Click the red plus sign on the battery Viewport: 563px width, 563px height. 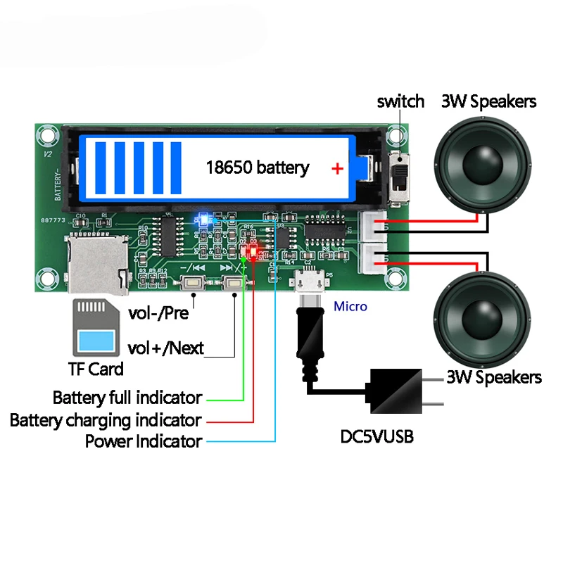click(338, 168)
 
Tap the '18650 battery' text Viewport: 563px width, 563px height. click(257, 167)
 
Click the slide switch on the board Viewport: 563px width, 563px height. click(400, 178)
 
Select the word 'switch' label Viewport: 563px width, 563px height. click(400, 101)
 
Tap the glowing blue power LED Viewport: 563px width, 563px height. click(205, 220)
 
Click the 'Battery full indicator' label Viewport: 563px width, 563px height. click(127, 398)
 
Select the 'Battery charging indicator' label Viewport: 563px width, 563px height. click(106, 420)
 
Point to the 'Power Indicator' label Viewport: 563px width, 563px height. click(144, 442)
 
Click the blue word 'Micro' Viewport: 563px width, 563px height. click(350, 307)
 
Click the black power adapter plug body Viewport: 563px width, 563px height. click(391, 391)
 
